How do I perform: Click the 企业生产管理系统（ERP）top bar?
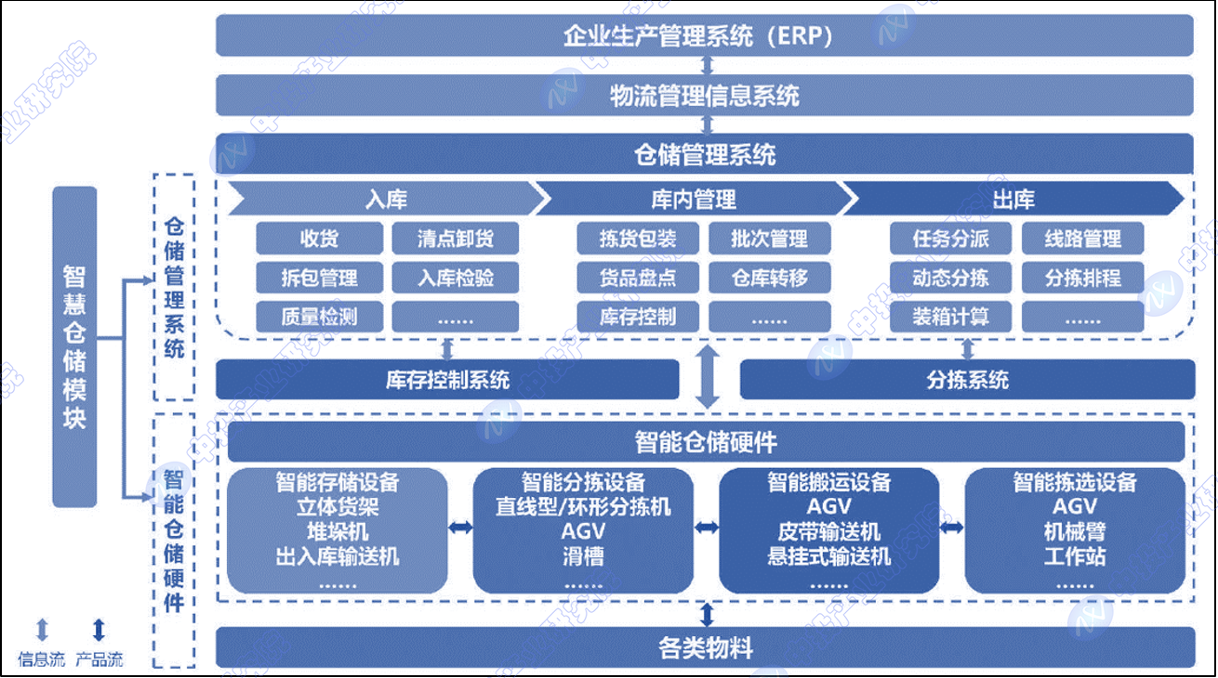tap(705, 36)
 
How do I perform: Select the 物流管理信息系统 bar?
tap(705, 95)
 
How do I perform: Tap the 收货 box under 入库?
tap(319, 239)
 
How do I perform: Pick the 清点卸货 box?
tap(456, 239)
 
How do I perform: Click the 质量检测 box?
tap(319, 317)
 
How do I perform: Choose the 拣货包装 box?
tap(639, 239)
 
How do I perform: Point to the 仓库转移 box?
tap(770, 278)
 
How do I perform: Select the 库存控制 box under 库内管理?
tap(639, 317)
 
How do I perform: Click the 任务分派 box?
tap(951, 239)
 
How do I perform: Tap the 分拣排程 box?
tap(1083, 278)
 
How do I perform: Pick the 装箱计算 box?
tap(951, 317)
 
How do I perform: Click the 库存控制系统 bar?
tap(447, 379)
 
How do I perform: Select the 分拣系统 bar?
tap(967, 379)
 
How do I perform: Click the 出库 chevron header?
tap(1013, 199)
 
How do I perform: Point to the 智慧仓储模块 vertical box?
tap(74, 346)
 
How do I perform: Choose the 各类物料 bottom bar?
tap(705, 647)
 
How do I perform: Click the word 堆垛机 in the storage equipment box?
tap(338, 532)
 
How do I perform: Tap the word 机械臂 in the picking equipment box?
tap(1075, 532)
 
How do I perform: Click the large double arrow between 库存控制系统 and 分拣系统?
tap(708, 377)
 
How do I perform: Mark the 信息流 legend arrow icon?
tap(42, 631)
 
